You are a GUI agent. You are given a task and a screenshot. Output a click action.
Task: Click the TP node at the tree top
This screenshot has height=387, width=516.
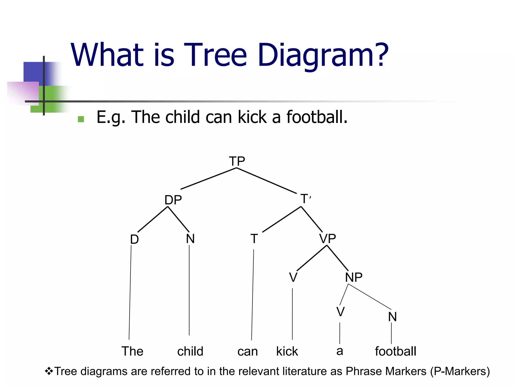tap(237, 161)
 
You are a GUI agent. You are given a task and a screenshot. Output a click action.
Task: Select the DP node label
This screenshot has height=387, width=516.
tap(173, 200)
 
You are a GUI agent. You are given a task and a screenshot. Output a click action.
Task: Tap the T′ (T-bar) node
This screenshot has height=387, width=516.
tap(305, 199)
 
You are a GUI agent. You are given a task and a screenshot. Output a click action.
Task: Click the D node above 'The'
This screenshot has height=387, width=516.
tap(134, 239)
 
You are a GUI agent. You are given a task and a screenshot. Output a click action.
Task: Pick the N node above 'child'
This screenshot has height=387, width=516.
tap(190, 239)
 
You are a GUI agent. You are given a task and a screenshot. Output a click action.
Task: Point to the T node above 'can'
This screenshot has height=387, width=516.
tap(254, 239)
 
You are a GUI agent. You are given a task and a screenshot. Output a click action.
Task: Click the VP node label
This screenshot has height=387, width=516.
tap(328, 238)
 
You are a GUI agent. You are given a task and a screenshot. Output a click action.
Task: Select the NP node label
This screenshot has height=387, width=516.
tap(354, 277)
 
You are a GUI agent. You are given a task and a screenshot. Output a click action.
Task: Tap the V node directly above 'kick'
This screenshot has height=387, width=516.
tap(293, 277)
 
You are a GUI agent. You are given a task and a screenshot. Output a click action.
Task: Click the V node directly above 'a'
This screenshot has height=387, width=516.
tap(340, 312)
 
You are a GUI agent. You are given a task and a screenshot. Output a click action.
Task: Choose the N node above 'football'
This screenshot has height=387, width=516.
tap(392, 317)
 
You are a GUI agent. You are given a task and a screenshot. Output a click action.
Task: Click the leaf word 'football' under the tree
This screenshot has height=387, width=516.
tap(395, 351)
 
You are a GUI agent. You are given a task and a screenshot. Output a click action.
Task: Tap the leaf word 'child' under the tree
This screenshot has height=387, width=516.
tap(190, 351)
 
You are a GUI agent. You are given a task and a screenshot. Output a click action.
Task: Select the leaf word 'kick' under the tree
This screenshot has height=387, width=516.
tap(287, 351)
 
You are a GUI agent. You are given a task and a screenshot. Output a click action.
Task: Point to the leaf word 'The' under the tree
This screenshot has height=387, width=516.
tap(132, 351)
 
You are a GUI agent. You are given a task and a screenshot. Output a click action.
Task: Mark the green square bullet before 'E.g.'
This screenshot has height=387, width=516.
tap(81, 119)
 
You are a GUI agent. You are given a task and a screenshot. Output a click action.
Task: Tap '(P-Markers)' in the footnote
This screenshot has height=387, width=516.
tap(460, 371)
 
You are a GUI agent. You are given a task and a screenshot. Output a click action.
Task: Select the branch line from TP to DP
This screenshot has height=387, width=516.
tap(208, 178)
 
